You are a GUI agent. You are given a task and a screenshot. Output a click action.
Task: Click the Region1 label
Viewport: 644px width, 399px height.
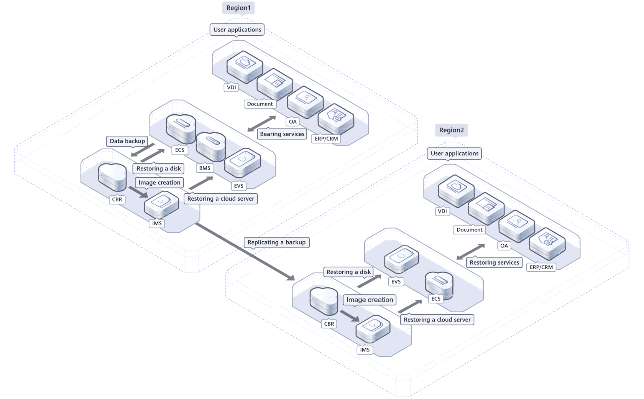point(238,8)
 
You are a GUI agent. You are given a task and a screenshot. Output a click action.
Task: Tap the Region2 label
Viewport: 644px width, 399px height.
point(452,130)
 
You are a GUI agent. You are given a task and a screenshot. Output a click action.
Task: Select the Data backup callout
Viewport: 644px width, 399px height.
point(127,141)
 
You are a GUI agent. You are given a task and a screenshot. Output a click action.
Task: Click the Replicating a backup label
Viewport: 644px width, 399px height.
point(276,242)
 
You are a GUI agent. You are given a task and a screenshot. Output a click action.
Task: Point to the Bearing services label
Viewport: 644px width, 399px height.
point(282,134)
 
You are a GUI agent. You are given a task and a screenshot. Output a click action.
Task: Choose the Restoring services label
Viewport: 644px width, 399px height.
point(495,263)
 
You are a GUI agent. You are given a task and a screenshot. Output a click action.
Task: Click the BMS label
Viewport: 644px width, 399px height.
point(205,168)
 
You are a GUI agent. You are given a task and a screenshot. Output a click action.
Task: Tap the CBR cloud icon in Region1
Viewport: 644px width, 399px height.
point(112,177)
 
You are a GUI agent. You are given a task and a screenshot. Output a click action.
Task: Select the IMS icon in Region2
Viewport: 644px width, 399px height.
point(373,329)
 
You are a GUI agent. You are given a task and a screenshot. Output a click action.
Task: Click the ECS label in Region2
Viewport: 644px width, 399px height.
point(436,299)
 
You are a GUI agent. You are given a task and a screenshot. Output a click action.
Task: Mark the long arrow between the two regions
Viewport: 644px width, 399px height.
point(245,251)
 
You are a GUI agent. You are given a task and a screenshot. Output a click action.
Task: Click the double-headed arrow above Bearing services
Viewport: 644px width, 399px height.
point(262,124)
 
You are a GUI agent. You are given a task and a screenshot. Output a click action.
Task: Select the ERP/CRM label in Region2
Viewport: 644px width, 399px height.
point(541,267)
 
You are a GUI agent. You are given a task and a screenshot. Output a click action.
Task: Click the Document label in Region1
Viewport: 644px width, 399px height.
point(260,104)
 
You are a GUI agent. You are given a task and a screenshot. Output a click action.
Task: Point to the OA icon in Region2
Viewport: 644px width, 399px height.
point(516,226)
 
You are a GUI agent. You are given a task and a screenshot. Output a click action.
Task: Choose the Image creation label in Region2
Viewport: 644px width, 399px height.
point(370,300)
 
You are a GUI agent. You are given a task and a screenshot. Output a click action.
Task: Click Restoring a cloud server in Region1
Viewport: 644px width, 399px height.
point(221,199)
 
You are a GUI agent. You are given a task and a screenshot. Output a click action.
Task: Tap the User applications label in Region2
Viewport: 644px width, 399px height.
point(455,153)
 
